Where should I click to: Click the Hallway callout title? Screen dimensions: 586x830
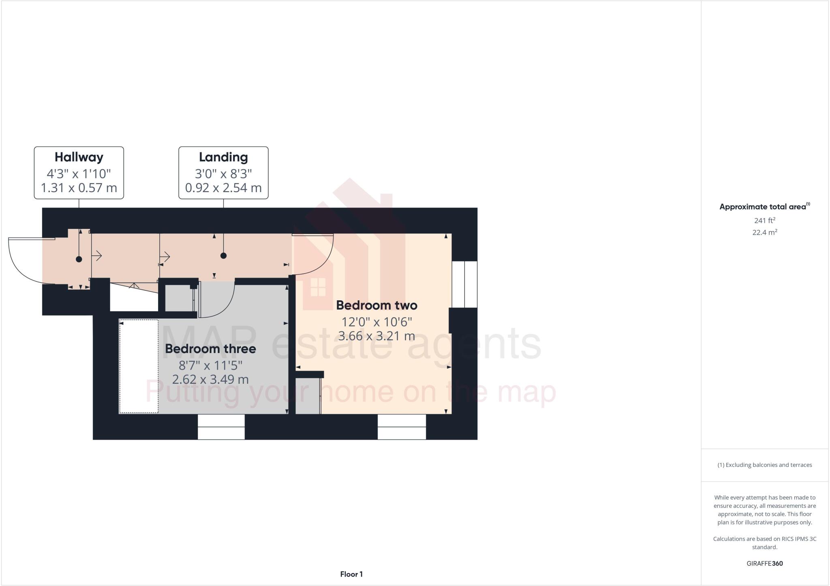point(79,157)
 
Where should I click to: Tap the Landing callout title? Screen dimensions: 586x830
point(223,157)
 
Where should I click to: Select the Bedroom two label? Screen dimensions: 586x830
point(376,305)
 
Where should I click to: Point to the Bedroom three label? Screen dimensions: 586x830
point(210,349)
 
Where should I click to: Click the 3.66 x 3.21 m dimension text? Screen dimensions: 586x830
point(376,336)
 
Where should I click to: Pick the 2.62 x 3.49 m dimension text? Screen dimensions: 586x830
point(210,380)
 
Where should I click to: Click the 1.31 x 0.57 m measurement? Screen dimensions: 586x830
point(79,188)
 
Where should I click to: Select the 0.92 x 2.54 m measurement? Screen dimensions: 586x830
point(223,188)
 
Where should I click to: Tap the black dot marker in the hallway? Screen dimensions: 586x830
point(79,259)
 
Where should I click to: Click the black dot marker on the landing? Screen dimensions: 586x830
point(223,256)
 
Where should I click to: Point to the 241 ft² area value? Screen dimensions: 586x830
point(765,220)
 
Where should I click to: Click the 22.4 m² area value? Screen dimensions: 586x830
point(765,232)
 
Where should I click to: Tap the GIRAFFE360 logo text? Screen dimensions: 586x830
point(765,563)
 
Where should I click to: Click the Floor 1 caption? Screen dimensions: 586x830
point(351,574)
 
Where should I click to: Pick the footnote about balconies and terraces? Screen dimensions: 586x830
point(765,465)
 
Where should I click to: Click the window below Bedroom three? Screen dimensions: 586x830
point(221,427)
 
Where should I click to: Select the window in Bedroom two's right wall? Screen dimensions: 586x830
point(464,284)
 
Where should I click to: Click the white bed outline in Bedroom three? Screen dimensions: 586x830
point(139,366)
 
